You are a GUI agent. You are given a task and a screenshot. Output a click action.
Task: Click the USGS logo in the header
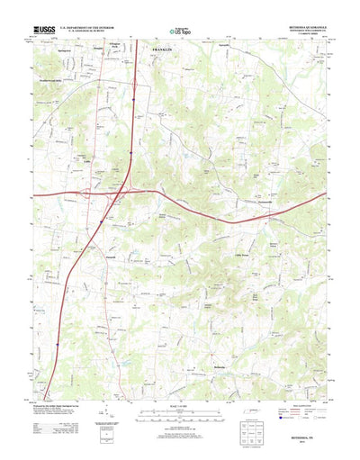[x=45, y=30]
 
